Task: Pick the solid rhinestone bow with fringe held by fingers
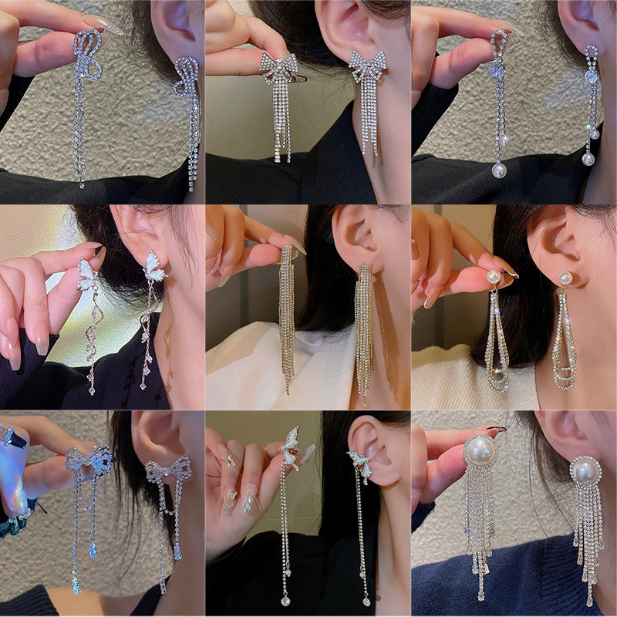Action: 278,69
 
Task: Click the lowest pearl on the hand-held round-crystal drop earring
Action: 498,170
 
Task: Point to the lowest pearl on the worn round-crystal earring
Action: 588,158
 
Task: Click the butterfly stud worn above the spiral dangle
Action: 154,266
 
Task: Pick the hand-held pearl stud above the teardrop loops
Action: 494,276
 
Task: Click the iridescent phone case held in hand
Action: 14,470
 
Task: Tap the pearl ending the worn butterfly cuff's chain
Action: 366,599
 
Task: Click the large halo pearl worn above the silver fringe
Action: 585,470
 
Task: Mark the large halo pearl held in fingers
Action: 480,450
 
